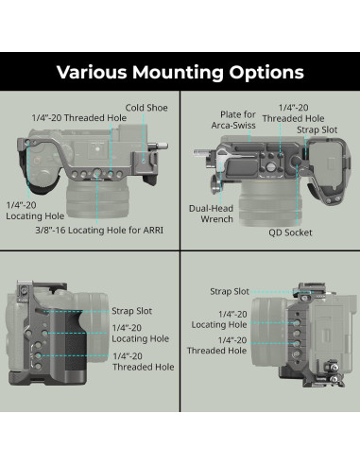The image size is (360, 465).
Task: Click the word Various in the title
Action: (x=95, y=72)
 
